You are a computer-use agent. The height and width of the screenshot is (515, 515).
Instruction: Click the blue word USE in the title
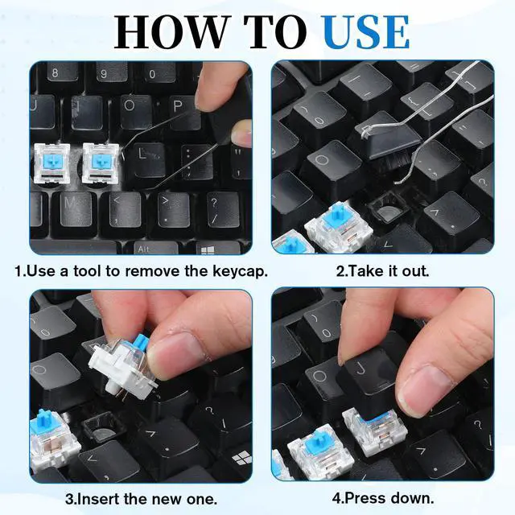(x=366, y=32)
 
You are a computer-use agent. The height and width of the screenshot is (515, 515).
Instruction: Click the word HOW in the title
(x=171, y=32)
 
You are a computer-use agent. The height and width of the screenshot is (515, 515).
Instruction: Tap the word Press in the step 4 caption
(x=365, y=499)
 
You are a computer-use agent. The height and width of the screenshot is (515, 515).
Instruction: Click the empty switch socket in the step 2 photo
(x=385, y=208)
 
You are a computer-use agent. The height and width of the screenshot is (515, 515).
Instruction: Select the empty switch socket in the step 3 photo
(x=102, y=430)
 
